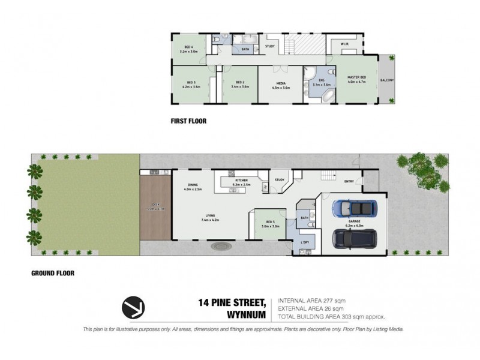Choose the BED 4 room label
[x=188, y=50]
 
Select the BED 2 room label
[x=239, y=84]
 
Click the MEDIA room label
[x=281, y=84]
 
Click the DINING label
[x=193, y=185]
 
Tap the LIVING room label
[x=209, y=217]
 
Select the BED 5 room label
[x=269, y=223]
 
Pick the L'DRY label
[x=304, y=242]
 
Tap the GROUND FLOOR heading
[x=52, y=272]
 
